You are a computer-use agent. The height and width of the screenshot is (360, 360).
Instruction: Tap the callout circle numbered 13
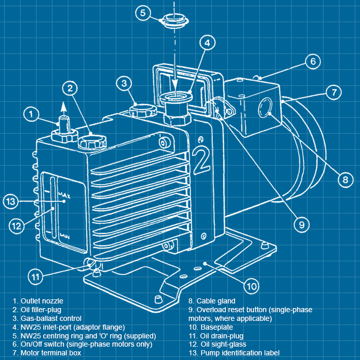tap(12, 201)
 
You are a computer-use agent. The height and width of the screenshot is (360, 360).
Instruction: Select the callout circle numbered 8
tap(345, 179)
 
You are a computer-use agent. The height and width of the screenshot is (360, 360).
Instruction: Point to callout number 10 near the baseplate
tap(250, 285)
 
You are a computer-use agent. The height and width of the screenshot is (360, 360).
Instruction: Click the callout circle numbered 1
tap(32, 114)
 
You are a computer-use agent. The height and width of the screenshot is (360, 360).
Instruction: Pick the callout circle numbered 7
tap(334, 93)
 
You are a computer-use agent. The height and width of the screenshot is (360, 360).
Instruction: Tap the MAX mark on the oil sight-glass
tap(64, 195)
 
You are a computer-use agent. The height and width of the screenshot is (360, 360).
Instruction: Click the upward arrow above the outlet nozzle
tap(63, 107)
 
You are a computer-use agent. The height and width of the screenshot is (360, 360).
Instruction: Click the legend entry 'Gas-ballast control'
tap(51, 318)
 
